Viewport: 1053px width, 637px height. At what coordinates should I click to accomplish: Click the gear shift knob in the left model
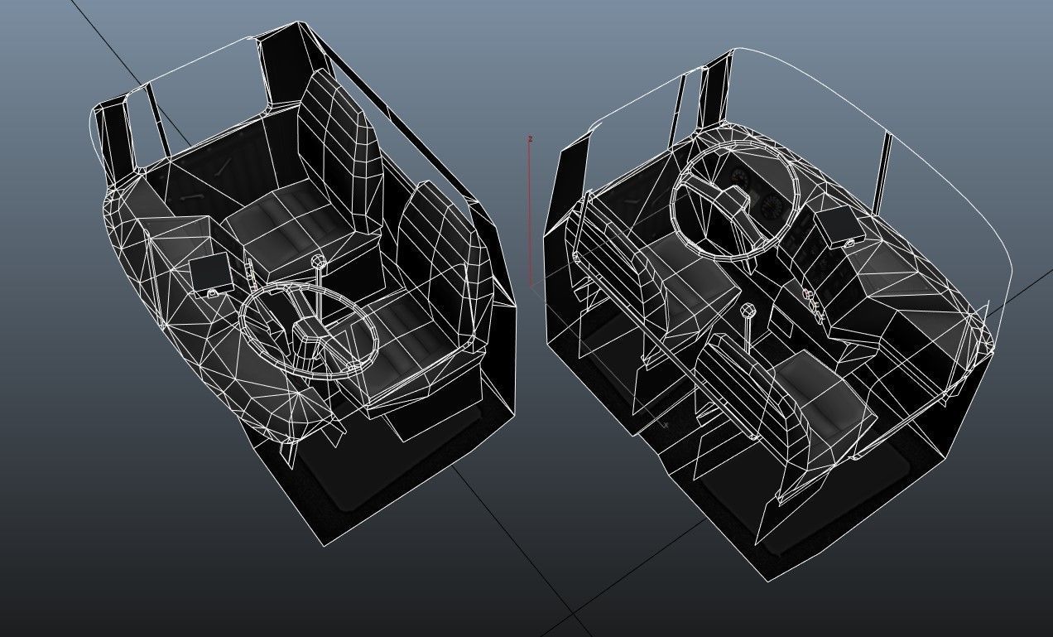(x=320, y=263)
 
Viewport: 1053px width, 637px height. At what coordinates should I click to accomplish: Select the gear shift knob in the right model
(x=748, y=311)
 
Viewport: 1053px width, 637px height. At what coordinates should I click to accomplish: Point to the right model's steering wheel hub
(x=733, y=200)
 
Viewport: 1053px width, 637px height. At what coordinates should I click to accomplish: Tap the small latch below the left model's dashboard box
(x=214, y=292)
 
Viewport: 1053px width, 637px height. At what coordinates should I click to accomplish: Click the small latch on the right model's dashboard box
(x=849, y=243)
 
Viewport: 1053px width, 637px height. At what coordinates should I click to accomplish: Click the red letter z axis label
(x=530, y=139)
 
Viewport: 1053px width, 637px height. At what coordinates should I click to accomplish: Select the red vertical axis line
(x=530, y=215)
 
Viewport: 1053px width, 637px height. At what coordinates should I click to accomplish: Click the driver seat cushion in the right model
(x=687, y=282)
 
